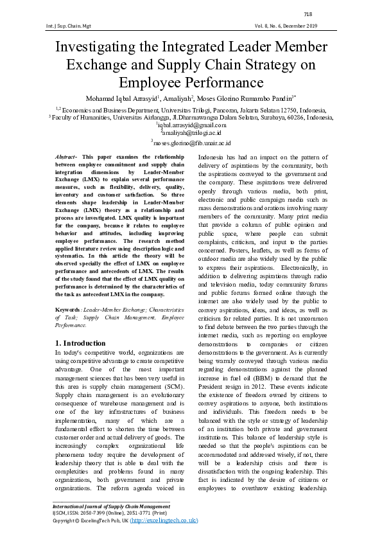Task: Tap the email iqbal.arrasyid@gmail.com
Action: click(x=191, y=125)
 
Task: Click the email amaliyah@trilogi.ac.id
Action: click(x=191, y=134)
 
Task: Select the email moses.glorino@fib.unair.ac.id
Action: click(x=191, y=143)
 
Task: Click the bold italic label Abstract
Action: click(x=65, y=157)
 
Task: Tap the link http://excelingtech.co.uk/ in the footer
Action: click(x=164, y=520)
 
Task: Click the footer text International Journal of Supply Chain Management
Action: click(x=111, y=506)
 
